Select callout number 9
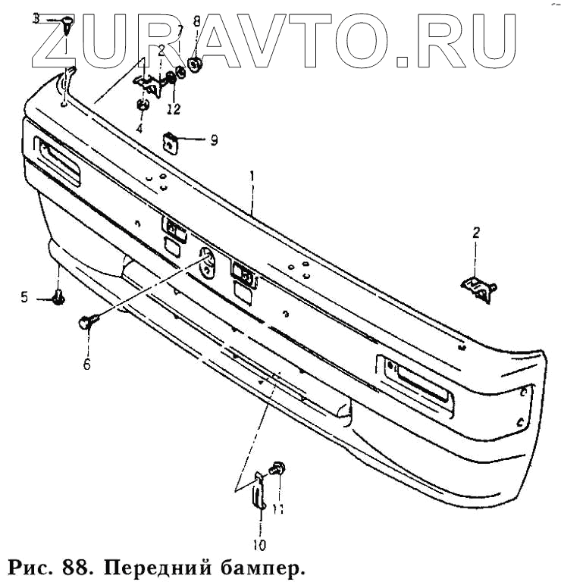[x=214, y=140]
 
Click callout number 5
[x=24, y=298]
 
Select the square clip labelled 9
[x=171, y=142]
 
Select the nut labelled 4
[x=142, y=105]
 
